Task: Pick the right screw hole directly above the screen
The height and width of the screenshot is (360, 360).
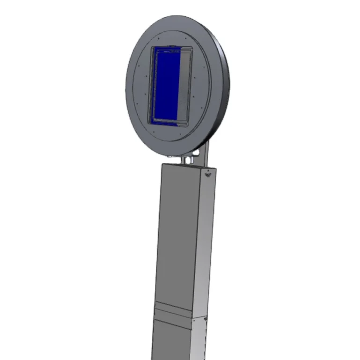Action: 186,39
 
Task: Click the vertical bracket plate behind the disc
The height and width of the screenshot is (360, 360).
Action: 204,154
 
